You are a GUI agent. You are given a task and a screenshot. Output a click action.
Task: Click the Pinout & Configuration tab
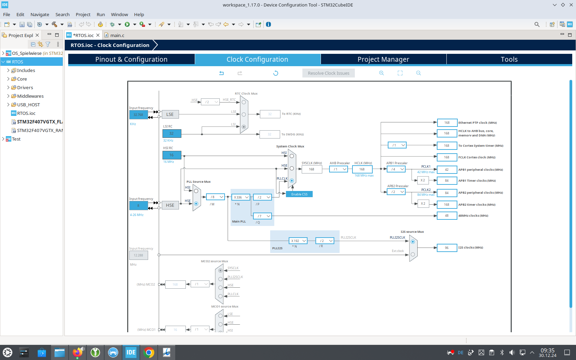pos(131,59)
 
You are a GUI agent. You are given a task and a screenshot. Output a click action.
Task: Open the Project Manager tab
pos(383,59)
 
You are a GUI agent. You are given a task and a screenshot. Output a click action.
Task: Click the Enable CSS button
pos(299,194)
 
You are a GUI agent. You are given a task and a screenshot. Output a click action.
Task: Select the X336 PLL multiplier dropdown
pos(241,197)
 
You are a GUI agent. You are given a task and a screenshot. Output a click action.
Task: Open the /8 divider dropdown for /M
pos(215,197)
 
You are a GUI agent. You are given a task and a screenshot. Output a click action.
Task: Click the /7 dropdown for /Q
pos(262,216)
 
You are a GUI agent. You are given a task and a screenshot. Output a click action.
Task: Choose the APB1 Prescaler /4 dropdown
pos(396,169)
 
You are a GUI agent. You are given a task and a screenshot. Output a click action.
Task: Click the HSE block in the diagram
pos(170,205)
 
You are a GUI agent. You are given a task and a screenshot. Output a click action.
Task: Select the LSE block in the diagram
pos(170,115)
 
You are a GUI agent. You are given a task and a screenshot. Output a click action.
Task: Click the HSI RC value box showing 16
pos(171,155)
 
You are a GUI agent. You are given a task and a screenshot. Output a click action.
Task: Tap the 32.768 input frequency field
pos(139,115)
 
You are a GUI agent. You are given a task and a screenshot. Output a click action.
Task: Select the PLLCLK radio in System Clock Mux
pos(292,181)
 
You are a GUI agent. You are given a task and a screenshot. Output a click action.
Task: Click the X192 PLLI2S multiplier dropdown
pos(298,241)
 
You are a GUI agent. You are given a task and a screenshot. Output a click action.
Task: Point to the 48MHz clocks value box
pos(447,216)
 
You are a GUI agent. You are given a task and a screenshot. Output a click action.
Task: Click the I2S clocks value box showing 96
pos(447,248)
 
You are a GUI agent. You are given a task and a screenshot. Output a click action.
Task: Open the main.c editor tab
pos(117,35)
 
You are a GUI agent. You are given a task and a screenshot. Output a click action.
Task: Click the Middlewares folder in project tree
pos(30,96)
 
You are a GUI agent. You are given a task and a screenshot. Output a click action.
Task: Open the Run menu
pos(100,14)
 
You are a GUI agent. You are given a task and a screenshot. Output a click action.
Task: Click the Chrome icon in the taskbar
pos(149,352)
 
